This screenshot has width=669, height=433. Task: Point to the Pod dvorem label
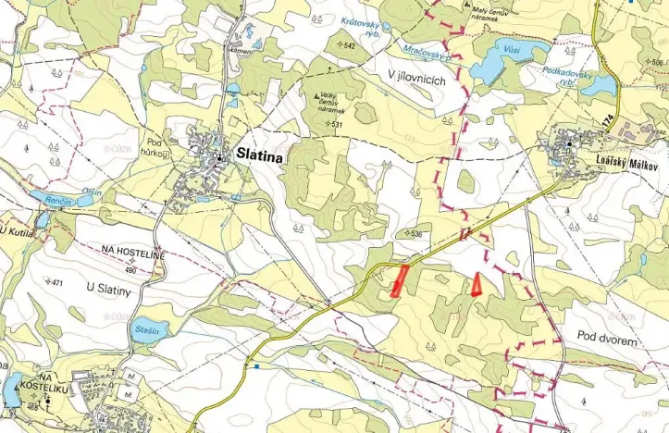[607, 340]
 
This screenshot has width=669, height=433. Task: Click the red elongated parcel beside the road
[401, 278]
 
